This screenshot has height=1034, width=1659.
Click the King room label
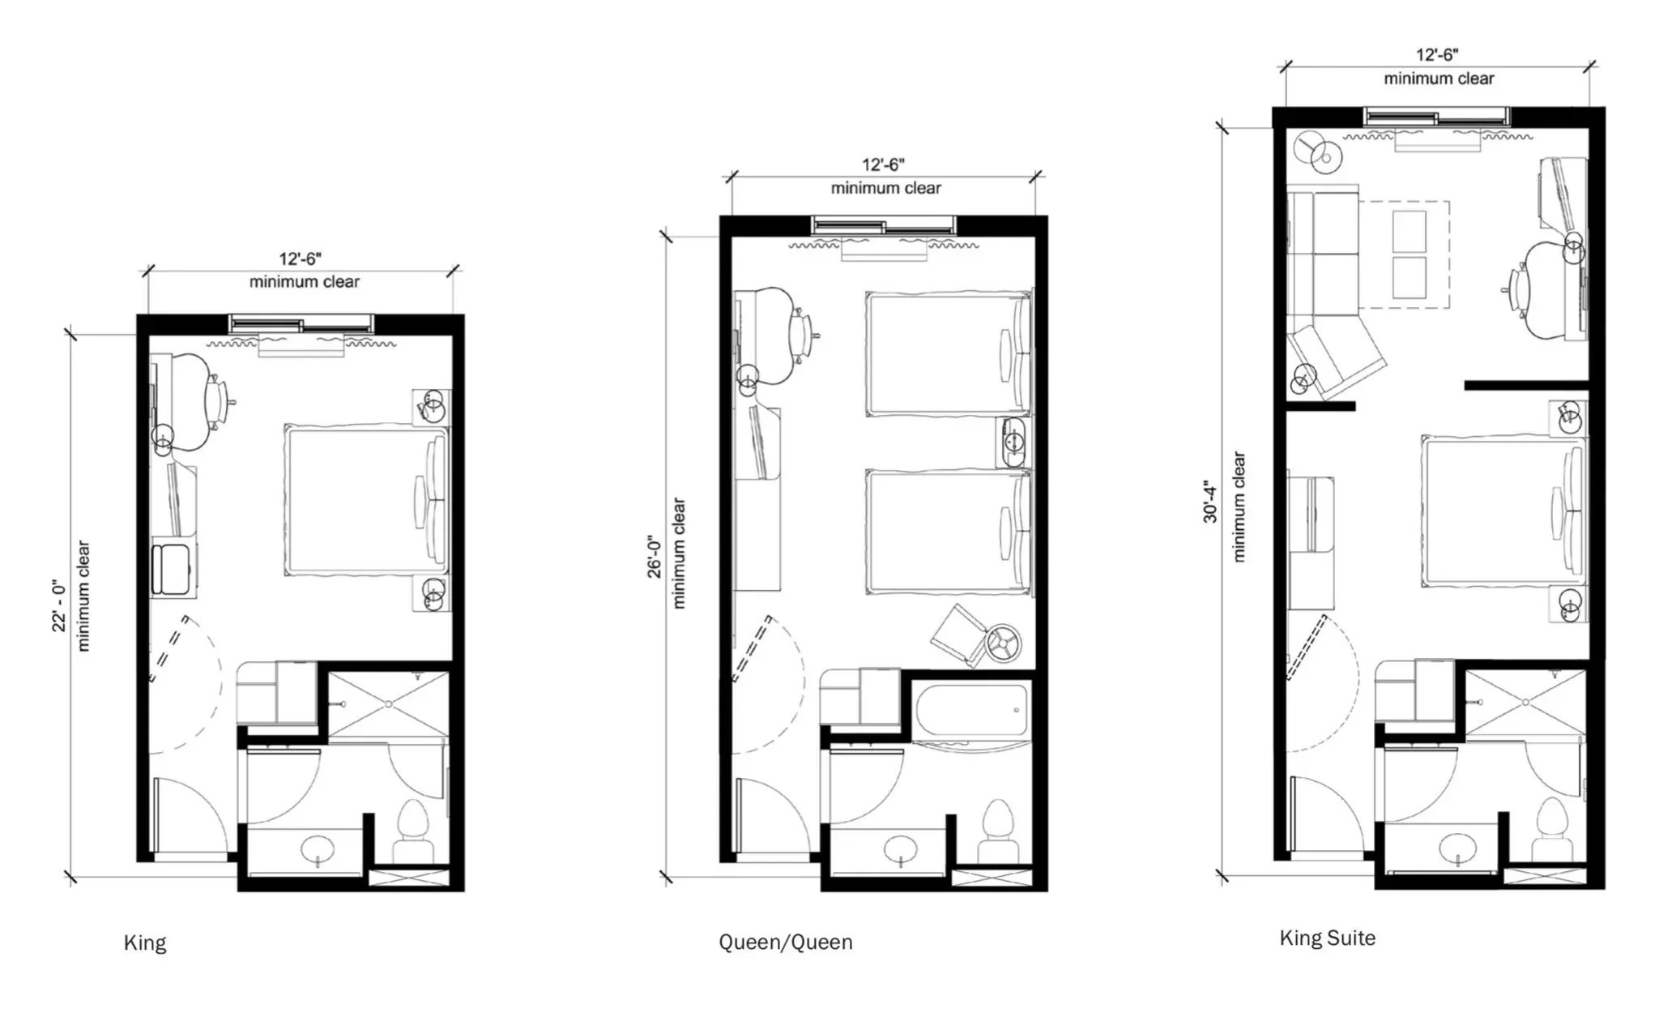pos(145,942)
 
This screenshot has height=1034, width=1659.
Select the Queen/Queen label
pos(785,942)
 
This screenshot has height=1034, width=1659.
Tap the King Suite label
pos(1327,938)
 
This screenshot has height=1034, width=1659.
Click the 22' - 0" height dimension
pos(58,605)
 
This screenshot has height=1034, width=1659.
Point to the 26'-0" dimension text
pos(654,556)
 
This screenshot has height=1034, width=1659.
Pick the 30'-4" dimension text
pos(1210,502)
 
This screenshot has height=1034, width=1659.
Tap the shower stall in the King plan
pos(389,703)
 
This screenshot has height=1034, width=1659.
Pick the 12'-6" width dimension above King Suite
pos(1437,55)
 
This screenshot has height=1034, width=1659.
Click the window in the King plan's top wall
pos(301,325)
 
